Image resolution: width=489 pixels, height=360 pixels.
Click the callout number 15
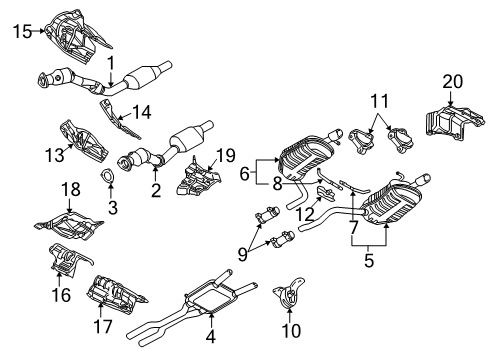22,32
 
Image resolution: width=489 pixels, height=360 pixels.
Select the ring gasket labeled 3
107,177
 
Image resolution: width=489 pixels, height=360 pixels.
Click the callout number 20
453,82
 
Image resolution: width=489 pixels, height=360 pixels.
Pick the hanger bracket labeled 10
289,292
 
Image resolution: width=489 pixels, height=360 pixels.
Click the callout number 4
211,336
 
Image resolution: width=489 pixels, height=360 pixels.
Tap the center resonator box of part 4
211,298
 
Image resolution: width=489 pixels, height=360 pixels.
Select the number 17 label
103,326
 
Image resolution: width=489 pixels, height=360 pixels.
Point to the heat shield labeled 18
68,225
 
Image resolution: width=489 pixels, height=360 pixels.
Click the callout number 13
54,155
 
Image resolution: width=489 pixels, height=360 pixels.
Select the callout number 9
243,255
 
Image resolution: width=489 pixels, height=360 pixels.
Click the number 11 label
380,101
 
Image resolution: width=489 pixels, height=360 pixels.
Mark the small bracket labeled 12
325,194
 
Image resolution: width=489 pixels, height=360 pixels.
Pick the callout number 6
244,174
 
